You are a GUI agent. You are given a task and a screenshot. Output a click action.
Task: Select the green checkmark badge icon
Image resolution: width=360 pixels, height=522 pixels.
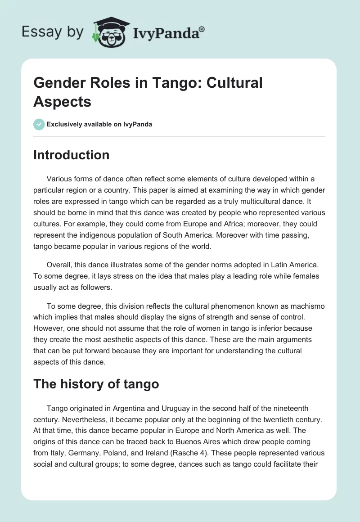coord(39,124)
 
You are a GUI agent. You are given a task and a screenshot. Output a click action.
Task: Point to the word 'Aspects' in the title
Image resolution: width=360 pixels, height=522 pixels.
coord(63,102)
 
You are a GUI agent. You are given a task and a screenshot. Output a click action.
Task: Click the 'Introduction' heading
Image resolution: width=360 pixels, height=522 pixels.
coord(72,155)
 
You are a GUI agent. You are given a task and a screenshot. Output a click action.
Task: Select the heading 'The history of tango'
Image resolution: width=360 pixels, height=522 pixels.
coord(96,384)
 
